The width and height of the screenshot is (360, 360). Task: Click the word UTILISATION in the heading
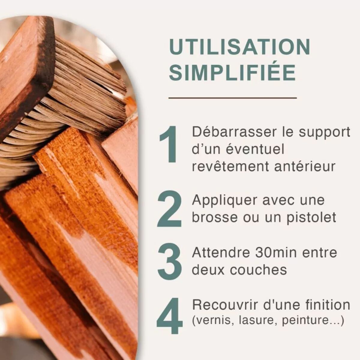(240, 47)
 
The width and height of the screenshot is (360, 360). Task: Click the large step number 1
(168, 144)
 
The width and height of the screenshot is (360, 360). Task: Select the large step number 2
(169, 209)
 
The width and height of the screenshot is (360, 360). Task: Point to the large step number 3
(169, 262)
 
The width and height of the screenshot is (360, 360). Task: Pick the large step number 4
(169, 316)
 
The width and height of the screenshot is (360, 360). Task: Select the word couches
(258, 270)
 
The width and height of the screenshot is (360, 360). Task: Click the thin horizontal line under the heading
(232, 98)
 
